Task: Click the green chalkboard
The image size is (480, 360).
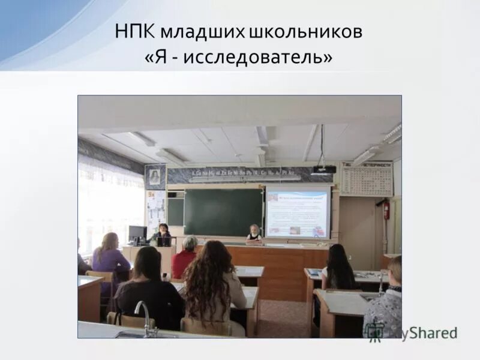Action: pos(223,212)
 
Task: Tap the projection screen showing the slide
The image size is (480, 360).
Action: pos(298,211)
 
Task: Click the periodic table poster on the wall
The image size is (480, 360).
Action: pos(367,179)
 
